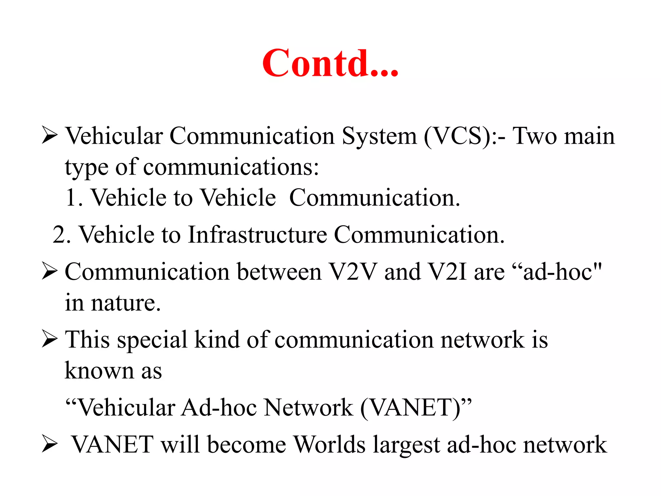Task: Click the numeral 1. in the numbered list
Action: click(x=74, y=198)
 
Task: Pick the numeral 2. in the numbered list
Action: click(x=62, y=235)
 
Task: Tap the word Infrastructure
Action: click(x=257, y=235)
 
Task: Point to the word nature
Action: click(x=126, y=304)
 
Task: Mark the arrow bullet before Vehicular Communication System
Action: click(x=49, y=136)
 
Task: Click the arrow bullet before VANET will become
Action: click(x=49, y=445)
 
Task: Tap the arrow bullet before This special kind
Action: click(x=49, y=340)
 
